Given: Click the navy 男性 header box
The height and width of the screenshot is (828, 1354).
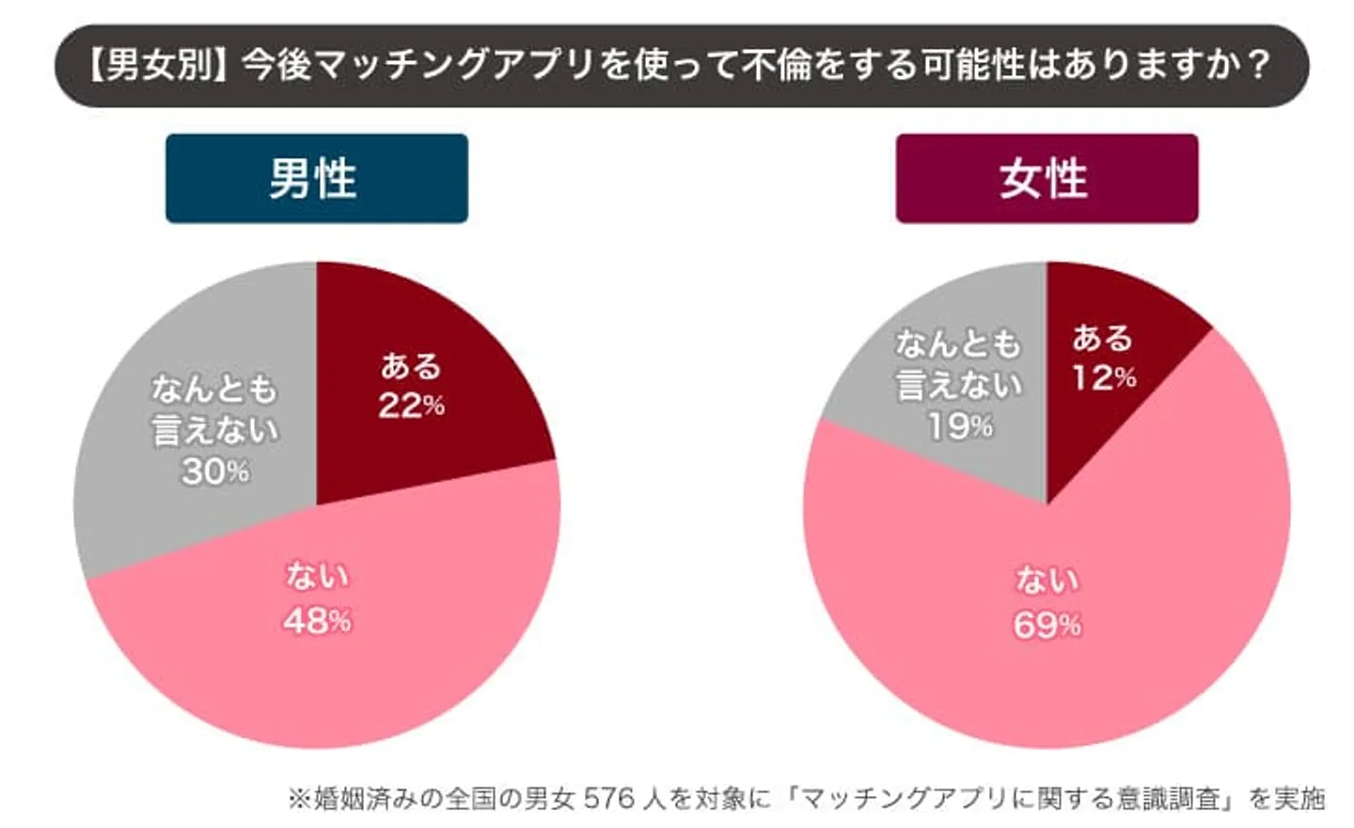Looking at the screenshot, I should pyautogui.click(x=316, y=178).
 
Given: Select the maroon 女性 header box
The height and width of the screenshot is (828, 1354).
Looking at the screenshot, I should pyautogui.click(x=1046, y=178).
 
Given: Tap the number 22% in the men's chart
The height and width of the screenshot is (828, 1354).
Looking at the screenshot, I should pyautogui.click(x=411, y=406).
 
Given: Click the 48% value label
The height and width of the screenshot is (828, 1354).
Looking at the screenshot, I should pyautogui.click(x=317, y=620).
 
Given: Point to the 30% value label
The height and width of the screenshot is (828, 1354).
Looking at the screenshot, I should pyautogui.click(x=215, y=470).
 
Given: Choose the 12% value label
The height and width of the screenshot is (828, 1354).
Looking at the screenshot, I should pyautogui.click(x=1104, y=378).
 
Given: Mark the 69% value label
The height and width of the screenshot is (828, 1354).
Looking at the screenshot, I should pyautogui.click(x=1047, y=625).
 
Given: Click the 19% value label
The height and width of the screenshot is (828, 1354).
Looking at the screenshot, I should pyautogui.click(x=959, y=426).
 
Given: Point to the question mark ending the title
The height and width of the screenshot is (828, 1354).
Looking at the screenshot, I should pyautogui.click(x=1257, y=65).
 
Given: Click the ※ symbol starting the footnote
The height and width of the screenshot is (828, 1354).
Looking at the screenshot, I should pyautogui.click(x=299, y=799).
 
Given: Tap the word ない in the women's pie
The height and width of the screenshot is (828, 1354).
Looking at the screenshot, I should pyautogui.click(x=1047, y=581).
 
